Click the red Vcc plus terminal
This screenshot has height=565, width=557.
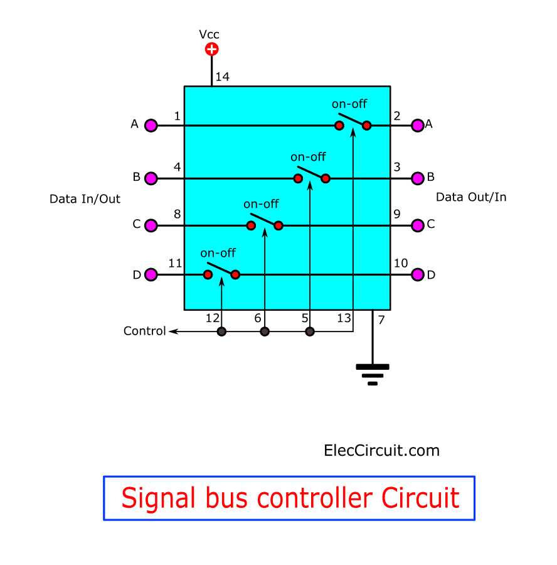pyautogui.click(x=212, y=49)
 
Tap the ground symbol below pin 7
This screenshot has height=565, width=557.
pyautogui.click(x=373, y=374)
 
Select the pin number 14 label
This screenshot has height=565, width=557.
pyautogui.click(x=223, y=77)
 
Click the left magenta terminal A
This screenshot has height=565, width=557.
pyautogui.click(x=151, y=126)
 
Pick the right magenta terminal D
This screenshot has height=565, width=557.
pyautogui.click(x=418, y=274)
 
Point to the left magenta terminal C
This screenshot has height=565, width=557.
pyautogui.click(x=151, y=225)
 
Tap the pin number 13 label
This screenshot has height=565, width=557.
pyautogui.click(x=343, y=318)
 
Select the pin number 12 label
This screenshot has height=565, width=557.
pyautogui.click(x=212, y=318)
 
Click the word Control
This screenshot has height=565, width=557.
pyautogui.click(x=144, y=331)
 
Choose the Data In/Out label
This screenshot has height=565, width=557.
pyautogui.click(x=85, y=199)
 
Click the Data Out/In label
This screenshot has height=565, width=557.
pyautogui.click(x=471, y=197)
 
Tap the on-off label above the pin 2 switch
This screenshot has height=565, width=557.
pyautogui.click(x=349, y=104)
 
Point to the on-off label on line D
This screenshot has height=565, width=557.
pyautogui.click(x=218, y=253)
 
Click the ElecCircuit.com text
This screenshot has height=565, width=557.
pyautogui.click(x=381, y=450)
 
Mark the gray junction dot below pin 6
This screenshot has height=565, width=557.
pyautogui.click(x=265, y=331)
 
